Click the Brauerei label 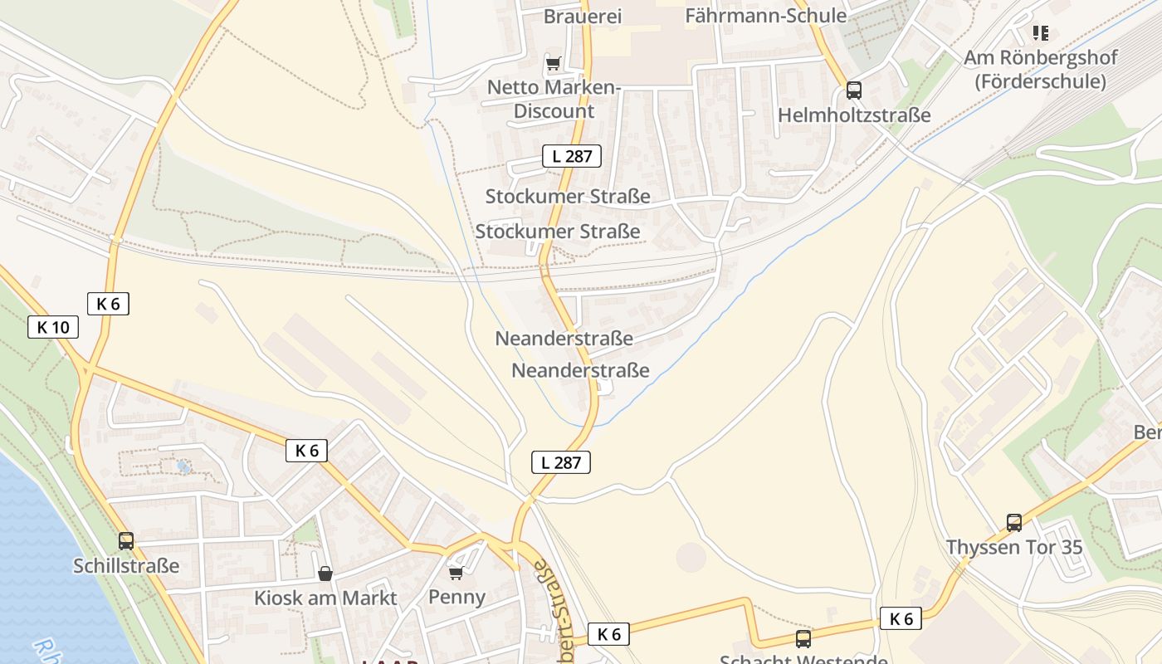(x=582, y=16)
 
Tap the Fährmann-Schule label (x=765, y=16)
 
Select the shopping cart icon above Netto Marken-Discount (x=554, y=63)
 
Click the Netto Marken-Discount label (x=554, y=99)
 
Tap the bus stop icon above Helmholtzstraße (x=853, y=90)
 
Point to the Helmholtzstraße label (x=854, y=115)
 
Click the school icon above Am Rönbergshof (x=1040, y=33)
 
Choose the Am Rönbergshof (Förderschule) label (x=1040, y=70)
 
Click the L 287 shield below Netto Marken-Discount (x=572, y=155)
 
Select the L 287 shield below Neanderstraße (x=561, y=462)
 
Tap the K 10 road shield (x=53, y=327)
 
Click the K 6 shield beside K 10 (x=108, y=304)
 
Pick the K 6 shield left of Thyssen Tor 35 (x=901, y=618)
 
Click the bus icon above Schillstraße (x=125, y=541)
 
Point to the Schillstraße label (x=126, y=566)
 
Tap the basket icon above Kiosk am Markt (x=325, y=574)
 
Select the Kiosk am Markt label (x=325, y=598)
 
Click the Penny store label (x=456, y=597)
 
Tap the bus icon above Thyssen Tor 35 (x=1013, y=523)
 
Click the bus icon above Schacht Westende (x=803, y=639)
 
